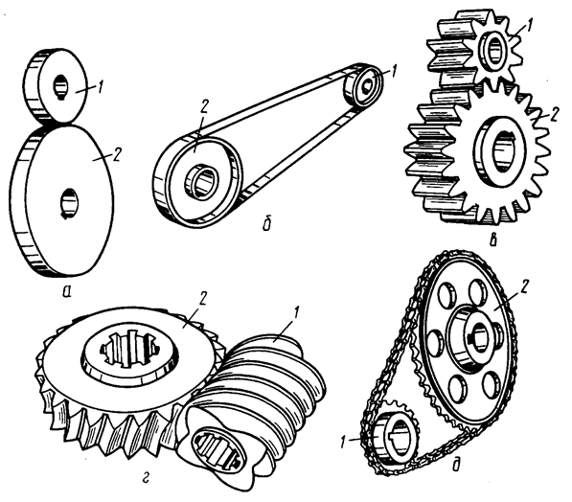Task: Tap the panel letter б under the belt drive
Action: point(267,223)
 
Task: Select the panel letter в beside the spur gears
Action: point(492,240)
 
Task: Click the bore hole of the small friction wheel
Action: point(59,87)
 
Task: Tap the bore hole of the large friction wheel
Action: point(68,203)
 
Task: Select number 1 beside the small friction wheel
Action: point(100,87)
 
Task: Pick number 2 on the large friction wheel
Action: point(115,154)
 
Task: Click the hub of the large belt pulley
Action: point(201,182)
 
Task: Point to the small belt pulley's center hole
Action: point(367,84)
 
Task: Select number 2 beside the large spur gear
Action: point(554,115)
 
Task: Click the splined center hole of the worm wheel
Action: point(130,350)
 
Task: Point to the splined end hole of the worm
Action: point(217,447)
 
